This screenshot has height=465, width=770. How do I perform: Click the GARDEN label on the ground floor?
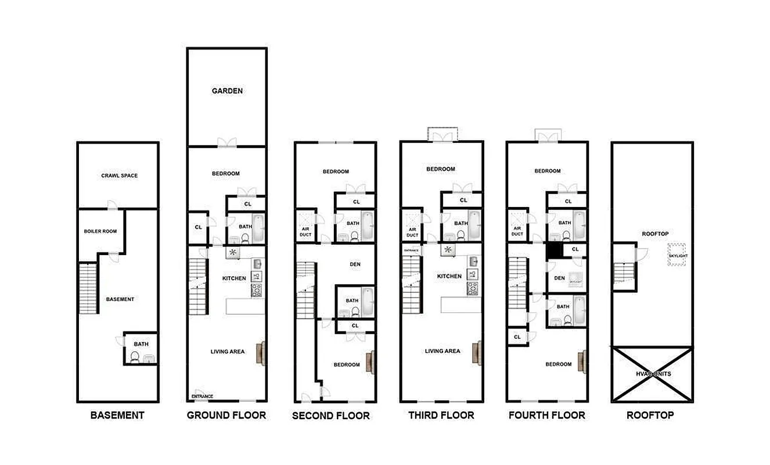click(227, 91)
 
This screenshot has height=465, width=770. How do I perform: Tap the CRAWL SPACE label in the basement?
click(120, 176)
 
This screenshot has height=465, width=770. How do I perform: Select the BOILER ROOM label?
click(100, 231)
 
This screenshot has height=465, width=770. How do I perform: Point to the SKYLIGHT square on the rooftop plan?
click(676, 255)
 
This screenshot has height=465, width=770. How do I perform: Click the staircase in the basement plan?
click(87, 288)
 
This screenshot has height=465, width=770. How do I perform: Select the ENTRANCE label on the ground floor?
click(202, 396)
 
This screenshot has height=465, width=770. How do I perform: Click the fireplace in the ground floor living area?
click(261, 353)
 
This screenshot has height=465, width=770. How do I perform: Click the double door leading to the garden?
click(227, 142)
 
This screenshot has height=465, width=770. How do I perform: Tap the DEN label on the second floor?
click(355, 264)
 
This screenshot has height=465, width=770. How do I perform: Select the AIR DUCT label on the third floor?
click(412, 232)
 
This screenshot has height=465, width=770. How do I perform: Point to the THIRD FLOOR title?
click(441, 415)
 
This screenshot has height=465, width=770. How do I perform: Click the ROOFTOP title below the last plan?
click(650, 415)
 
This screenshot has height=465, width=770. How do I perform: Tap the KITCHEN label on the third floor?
click(449, 276)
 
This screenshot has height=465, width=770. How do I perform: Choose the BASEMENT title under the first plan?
click(117, 415)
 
